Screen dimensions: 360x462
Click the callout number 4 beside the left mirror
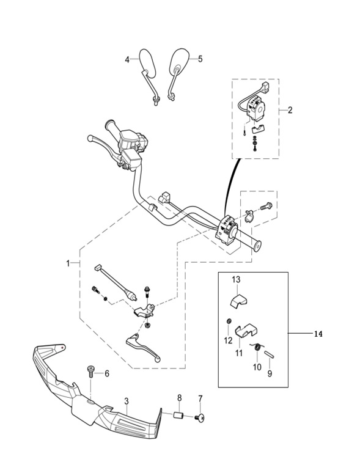127,60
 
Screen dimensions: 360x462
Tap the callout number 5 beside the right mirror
200,59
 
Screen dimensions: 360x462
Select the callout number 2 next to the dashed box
290,110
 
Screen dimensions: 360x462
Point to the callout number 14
318,334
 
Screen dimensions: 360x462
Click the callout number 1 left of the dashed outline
68,263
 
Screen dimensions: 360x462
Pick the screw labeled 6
90,372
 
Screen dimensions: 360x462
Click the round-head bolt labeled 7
200,417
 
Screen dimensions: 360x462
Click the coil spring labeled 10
257,347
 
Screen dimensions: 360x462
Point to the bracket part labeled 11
246,331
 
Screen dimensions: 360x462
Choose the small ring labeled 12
229,321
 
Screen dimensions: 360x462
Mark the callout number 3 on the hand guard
127,401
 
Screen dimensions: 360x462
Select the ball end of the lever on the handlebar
90,138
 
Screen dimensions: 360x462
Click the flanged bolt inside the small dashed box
266,206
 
